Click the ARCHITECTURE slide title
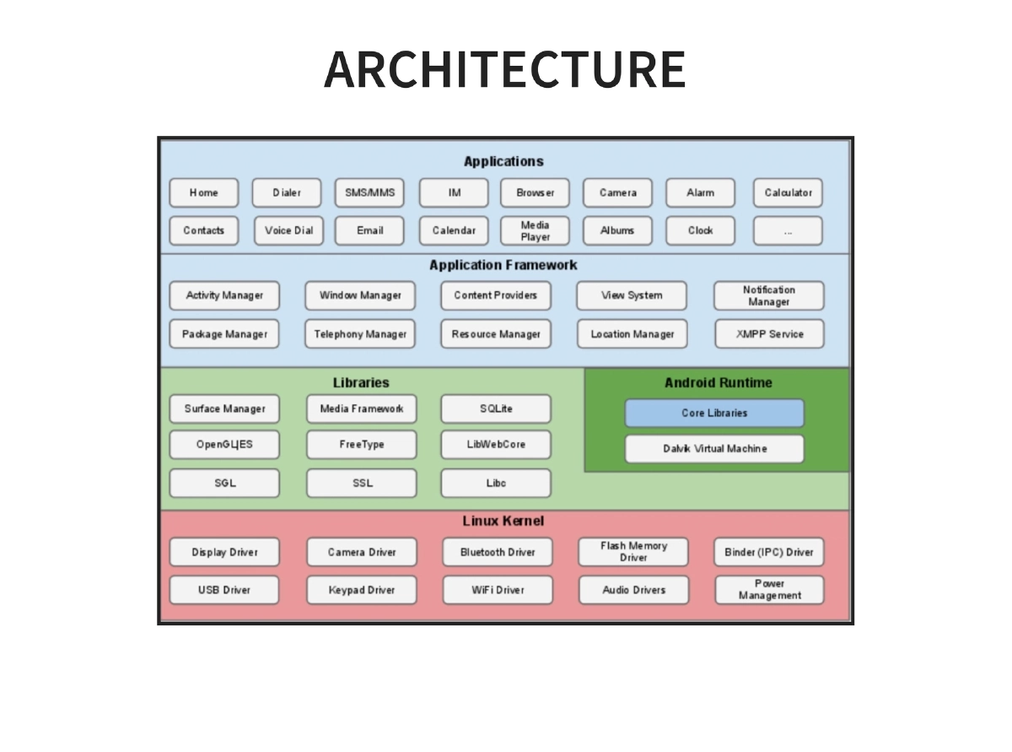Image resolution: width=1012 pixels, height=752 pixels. click(x=504, y=69)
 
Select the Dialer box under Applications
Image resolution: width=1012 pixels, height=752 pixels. click(x=287, y=192)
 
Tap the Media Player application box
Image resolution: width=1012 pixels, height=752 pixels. click(x=535, y=230)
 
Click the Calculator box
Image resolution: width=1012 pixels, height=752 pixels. click(x=788, y=192)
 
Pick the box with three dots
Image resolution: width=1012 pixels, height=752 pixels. click(x=788, y=230)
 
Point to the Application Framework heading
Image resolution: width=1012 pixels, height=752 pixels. click(x=503, y=265)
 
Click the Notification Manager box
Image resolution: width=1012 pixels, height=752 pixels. click(x=768, y=295)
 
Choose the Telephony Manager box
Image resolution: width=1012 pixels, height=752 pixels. click(x=360, y=334)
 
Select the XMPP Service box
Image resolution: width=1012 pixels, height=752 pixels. click(x=769, y=334)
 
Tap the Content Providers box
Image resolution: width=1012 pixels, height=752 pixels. click(x=495, y=295)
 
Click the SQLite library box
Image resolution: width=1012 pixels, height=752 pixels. click(x=496, y=408)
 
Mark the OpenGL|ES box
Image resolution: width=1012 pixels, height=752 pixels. click(x=224, y=445)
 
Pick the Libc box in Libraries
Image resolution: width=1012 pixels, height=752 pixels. click(x=496, y=484)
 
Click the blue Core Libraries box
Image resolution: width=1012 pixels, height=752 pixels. click(x=714, y=413)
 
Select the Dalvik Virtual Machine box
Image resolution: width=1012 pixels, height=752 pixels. click(x=714, y=449)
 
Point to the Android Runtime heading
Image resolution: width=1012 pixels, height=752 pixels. click(x=718, y=382)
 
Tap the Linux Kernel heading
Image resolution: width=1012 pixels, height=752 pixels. click(x=503, y=521)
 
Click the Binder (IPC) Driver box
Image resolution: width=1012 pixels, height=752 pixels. click(x=768, y=552)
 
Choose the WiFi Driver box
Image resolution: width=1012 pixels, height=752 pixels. click(x=498, y=590)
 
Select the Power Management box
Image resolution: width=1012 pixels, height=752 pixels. click(x=769, y=589)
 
